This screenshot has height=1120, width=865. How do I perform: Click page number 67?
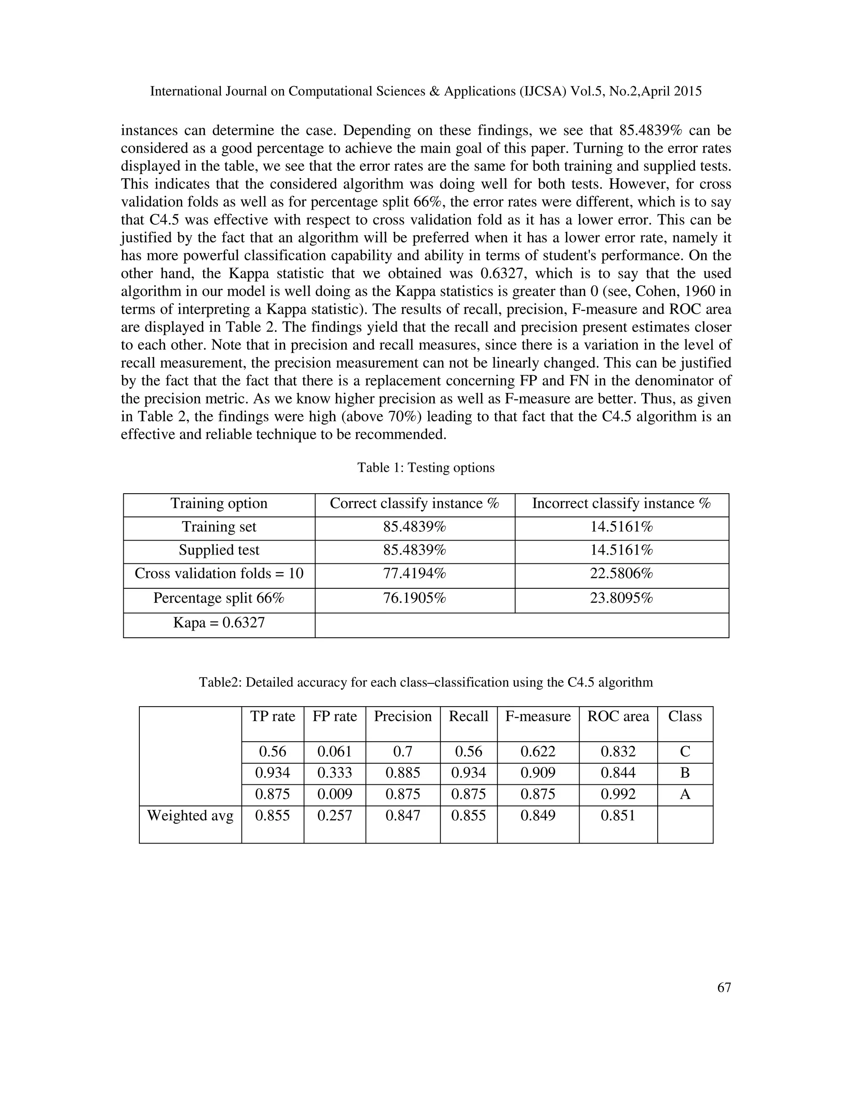point(724,987)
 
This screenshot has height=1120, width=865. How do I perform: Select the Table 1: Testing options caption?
point(426,468)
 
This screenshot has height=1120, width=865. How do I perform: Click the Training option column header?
point(219,504)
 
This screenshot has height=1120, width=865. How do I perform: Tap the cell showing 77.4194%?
point(415,574)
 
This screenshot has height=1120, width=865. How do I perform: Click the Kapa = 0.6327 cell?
point(219,623)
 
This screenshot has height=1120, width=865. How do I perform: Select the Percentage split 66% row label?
point(219,598)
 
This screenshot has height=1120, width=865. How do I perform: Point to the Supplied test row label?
point(219,550)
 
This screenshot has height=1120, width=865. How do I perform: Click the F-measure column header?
point(538,716)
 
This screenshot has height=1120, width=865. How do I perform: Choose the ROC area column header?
point(618,716)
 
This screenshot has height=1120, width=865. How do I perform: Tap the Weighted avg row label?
point(190,815)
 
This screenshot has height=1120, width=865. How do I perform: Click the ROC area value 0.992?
point(618,795)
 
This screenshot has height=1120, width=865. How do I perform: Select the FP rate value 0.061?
point(335,752)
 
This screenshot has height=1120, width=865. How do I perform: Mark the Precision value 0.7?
point(403,752)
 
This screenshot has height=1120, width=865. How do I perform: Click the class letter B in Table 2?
point(685,773)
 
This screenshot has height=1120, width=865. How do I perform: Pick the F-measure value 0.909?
point(538,773)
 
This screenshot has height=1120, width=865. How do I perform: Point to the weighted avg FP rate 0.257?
point(335,815)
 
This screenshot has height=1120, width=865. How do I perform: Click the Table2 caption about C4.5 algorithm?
point(426,683)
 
